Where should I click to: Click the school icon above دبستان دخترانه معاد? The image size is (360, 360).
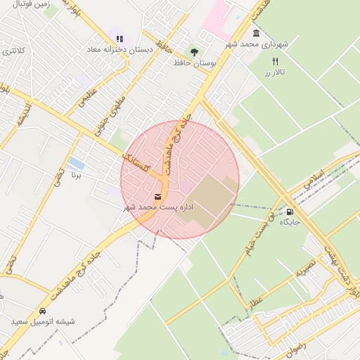click(119, 39)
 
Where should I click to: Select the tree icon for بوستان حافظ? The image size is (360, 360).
click(195, 51)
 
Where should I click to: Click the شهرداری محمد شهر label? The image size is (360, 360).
click(257, 44)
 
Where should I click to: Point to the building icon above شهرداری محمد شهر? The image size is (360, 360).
click(255, 33)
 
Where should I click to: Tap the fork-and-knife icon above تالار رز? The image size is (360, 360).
click(275, 61)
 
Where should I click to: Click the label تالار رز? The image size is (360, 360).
click(272, 72)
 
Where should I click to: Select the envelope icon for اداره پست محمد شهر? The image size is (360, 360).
click(157, 196)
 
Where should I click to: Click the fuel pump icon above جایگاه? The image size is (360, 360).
click(290, 211)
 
